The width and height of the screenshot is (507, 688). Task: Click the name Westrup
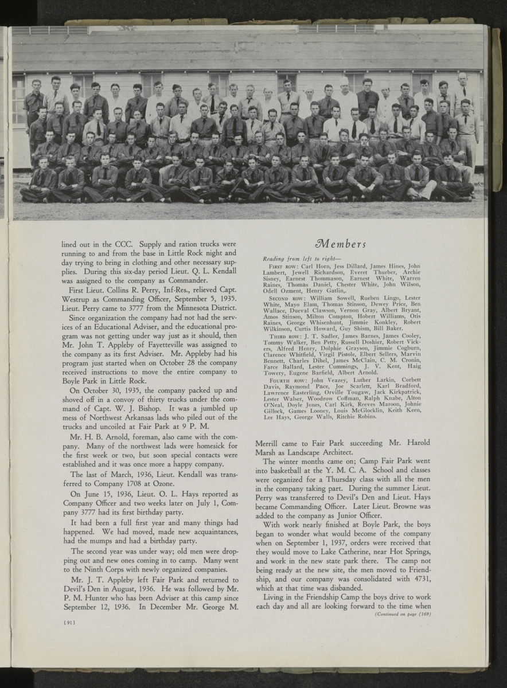point(75,298)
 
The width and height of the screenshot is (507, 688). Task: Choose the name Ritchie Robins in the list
point(356,417)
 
